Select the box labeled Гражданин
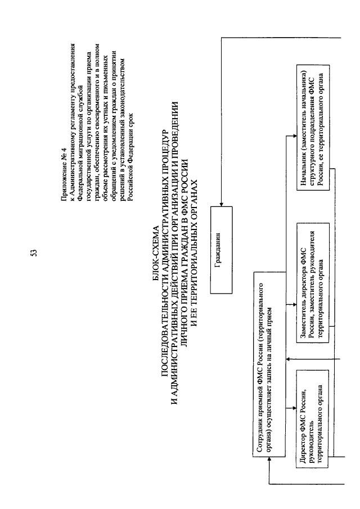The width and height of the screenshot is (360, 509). [x=222, y=250]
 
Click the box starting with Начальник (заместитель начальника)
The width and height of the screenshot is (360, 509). [x=313, y=128]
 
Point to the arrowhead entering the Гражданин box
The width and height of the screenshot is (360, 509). [x=222, y=204]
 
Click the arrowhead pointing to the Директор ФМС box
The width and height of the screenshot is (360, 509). [x=294, y=407]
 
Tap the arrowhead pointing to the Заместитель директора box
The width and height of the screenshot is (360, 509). [x=294, y=304]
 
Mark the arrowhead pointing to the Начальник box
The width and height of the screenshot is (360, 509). [x=294, y=136]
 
